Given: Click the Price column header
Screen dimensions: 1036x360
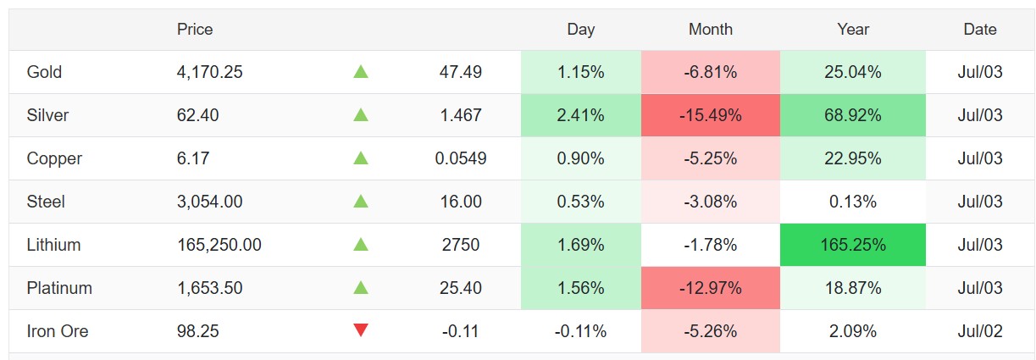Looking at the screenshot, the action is click(x=195, y=30).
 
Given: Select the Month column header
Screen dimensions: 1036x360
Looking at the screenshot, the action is click(x=711, y=30).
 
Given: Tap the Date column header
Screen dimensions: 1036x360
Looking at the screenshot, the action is click(x=979, y=30).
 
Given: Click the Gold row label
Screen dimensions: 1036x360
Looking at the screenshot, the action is click(x=44, y=72).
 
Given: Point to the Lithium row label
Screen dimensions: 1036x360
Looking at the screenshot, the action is click(x=53, y=245).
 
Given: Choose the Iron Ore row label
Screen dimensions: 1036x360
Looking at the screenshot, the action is click(x=58, y=331).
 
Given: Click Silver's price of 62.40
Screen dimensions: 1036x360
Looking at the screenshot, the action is click(x=197, y=115).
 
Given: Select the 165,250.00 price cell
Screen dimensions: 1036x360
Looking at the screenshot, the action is click(x=219, y=245).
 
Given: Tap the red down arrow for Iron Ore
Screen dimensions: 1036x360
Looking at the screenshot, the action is click(x=361, y=330).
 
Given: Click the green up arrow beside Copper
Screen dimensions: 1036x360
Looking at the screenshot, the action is click(x=361, y=158).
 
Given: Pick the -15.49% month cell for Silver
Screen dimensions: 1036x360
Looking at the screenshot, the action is click(x=711, y=115).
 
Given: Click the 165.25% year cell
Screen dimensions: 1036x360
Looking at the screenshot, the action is click(x=853, y=245).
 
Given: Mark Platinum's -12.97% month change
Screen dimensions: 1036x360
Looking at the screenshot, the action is click(x=711, y=288).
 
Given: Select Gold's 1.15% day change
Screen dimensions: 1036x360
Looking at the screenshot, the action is click(x=581, y=72).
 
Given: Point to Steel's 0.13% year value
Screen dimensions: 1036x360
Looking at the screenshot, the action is click(x=853, y=202).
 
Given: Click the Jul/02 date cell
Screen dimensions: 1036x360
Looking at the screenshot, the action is click(x=979, y=331).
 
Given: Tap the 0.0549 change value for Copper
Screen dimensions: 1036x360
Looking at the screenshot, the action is click(x=461, y=158).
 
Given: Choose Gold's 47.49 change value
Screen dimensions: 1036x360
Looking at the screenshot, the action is click(x=461, y=72).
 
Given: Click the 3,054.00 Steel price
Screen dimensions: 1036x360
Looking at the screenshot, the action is click(x=209, y=202).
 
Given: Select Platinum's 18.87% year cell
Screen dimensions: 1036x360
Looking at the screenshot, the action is click(x=853, y=288).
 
